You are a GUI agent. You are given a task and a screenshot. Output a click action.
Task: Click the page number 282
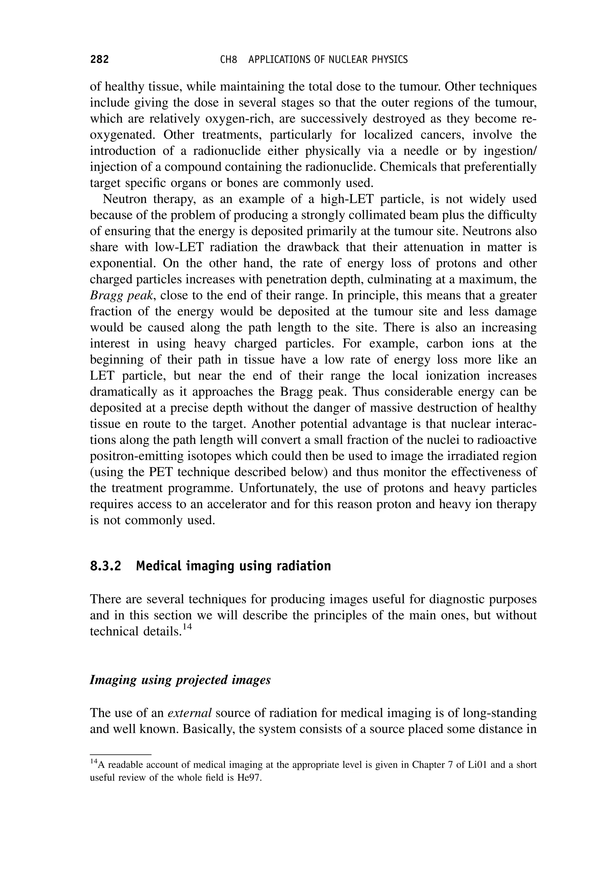[x=99, y=59]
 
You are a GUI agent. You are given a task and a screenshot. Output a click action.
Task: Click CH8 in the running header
[x=228, y=60]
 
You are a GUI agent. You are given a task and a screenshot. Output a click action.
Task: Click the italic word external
[x=190, y=713]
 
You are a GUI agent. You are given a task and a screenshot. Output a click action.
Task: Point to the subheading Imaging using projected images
[x=180, y=680]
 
